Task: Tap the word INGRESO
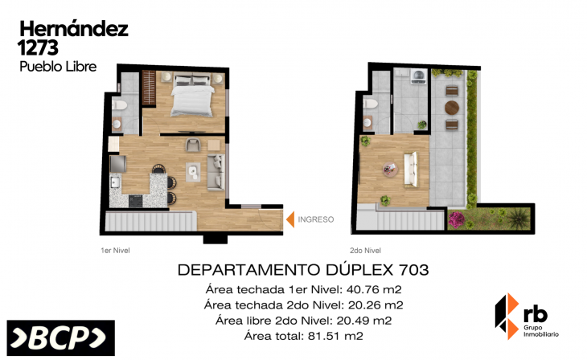pyautogui.click(x=315, y=219)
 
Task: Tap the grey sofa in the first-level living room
pyautogui.click(x=216, y=173)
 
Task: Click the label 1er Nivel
pyautogui.click(x=115, y=251)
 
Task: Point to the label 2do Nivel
pyautogui.click(x=365, y=251)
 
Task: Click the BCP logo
pyautogui.click(x=61, y=337)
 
